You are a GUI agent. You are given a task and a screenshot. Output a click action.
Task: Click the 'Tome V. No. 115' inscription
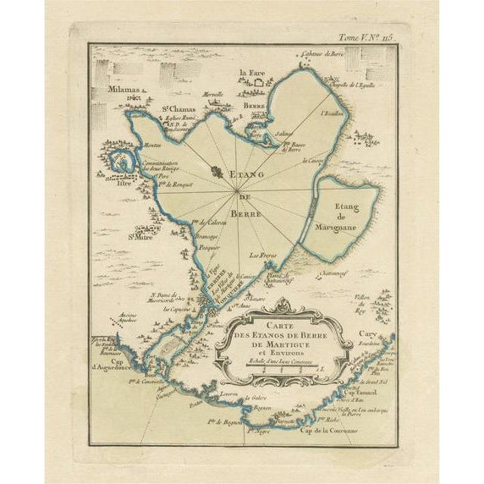point(366,36)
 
